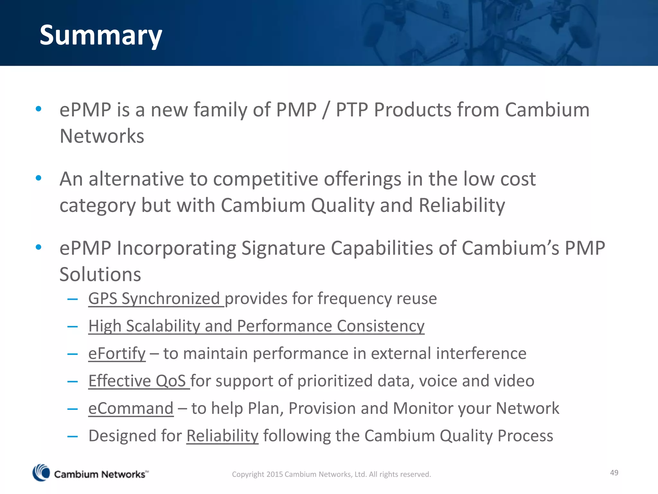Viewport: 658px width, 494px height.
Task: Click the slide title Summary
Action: (x=101, y=35)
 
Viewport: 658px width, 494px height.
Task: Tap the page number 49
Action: (x=614, y=472)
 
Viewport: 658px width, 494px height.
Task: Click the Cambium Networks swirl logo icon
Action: (x=41, y=473)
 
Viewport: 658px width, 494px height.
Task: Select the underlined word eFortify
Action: (x=117, y=353)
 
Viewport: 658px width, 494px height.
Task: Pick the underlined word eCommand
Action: (x=131, y=408)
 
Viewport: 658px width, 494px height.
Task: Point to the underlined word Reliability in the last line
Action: (x=222, y=436)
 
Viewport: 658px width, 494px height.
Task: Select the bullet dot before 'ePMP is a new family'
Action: (x=39, y=109)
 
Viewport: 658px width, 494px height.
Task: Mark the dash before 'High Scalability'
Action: (x=73, y=326)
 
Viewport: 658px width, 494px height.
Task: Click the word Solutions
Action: (x=100, y=274)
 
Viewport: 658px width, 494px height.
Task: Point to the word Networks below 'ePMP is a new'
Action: (x=102, y=136)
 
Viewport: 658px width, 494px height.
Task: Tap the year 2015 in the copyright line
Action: (x=274, y=474)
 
